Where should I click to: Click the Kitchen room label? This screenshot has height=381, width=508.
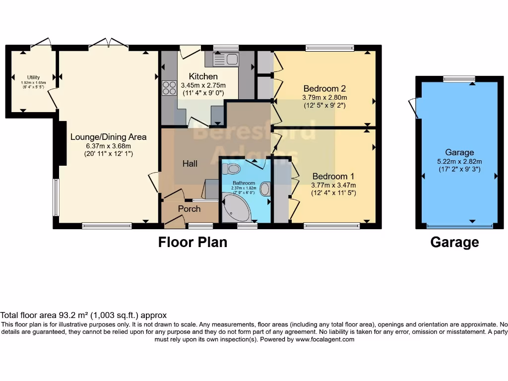tap(203, 76)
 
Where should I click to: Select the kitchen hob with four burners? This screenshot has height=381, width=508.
tap(169, 88)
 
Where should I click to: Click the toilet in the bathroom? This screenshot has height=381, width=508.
tap(231, 170)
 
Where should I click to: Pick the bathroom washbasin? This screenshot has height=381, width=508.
tap(265, 189)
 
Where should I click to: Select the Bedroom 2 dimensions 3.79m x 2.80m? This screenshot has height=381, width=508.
tap(324, 97)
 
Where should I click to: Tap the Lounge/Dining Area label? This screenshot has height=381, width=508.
tap(108, 136)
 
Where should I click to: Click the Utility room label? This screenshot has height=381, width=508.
tap(33, 77)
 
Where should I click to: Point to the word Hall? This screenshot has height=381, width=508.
tap(190, 163)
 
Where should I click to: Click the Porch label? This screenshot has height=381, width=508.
tap(189, 209)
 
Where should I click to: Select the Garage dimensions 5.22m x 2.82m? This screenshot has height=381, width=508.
tap(459, 161)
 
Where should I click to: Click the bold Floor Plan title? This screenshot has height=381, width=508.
tap(192, 242)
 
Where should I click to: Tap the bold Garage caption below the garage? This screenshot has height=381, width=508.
tap(454, 242)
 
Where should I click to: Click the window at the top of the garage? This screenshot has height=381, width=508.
tap(459, 78)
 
